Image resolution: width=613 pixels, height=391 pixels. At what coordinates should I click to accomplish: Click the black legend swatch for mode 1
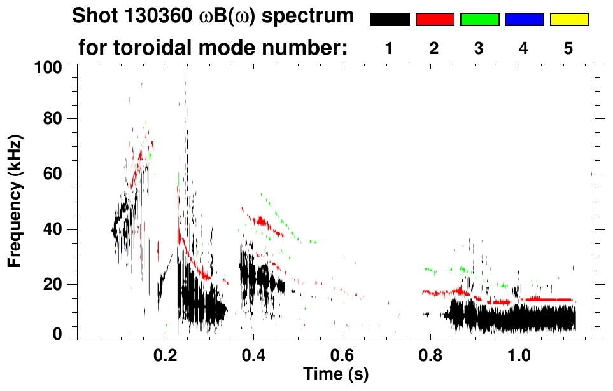point(390,20)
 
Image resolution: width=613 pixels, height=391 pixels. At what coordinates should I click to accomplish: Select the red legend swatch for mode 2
point(435,20)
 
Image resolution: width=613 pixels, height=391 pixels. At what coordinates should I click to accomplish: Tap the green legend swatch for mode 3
point(479,20)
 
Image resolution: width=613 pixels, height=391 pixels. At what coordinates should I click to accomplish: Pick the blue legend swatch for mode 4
point(524,20)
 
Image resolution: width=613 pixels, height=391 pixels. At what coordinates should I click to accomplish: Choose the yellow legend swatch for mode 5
point(569,20)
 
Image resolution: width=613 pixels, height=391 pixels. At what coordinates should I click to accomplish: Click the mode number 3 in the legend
point(479,48)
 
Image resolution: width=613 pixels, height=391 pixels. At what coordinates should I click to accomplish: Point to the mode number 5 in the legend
point(568,48)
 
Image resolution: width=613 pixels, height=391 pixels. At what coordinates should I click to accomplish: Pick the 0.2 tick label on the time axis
point(166,354)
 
